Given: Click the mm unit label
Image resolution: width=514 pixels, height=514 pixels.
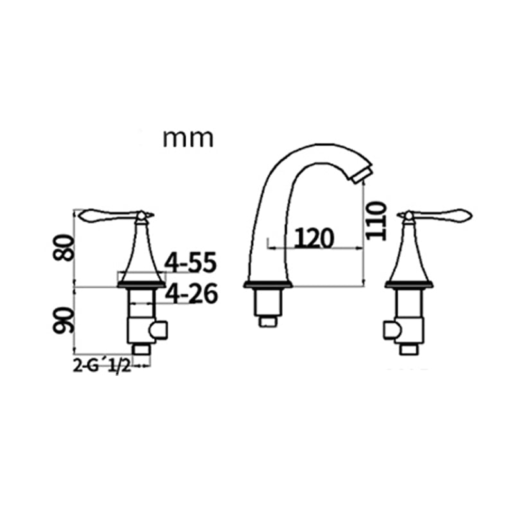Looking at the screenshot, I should (x=187, y=138).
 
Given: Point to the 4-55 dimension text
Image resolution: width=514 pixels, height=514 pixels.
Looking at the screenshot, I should (x=191, y=263).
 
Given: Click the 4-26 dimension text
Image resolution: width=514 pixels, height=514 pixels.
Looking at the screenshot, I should (x=191, y=294).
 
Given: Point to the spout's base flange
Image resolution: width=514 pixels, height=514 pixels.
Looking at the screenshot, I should (x=269, y=285).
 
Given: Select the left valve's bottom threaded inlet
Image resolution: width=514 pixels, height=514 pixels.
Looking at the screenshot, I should (x=141, y=349).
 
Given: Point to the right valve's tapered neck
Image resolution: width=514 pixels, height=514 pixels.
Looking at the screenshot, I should (x=408, y=254).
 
